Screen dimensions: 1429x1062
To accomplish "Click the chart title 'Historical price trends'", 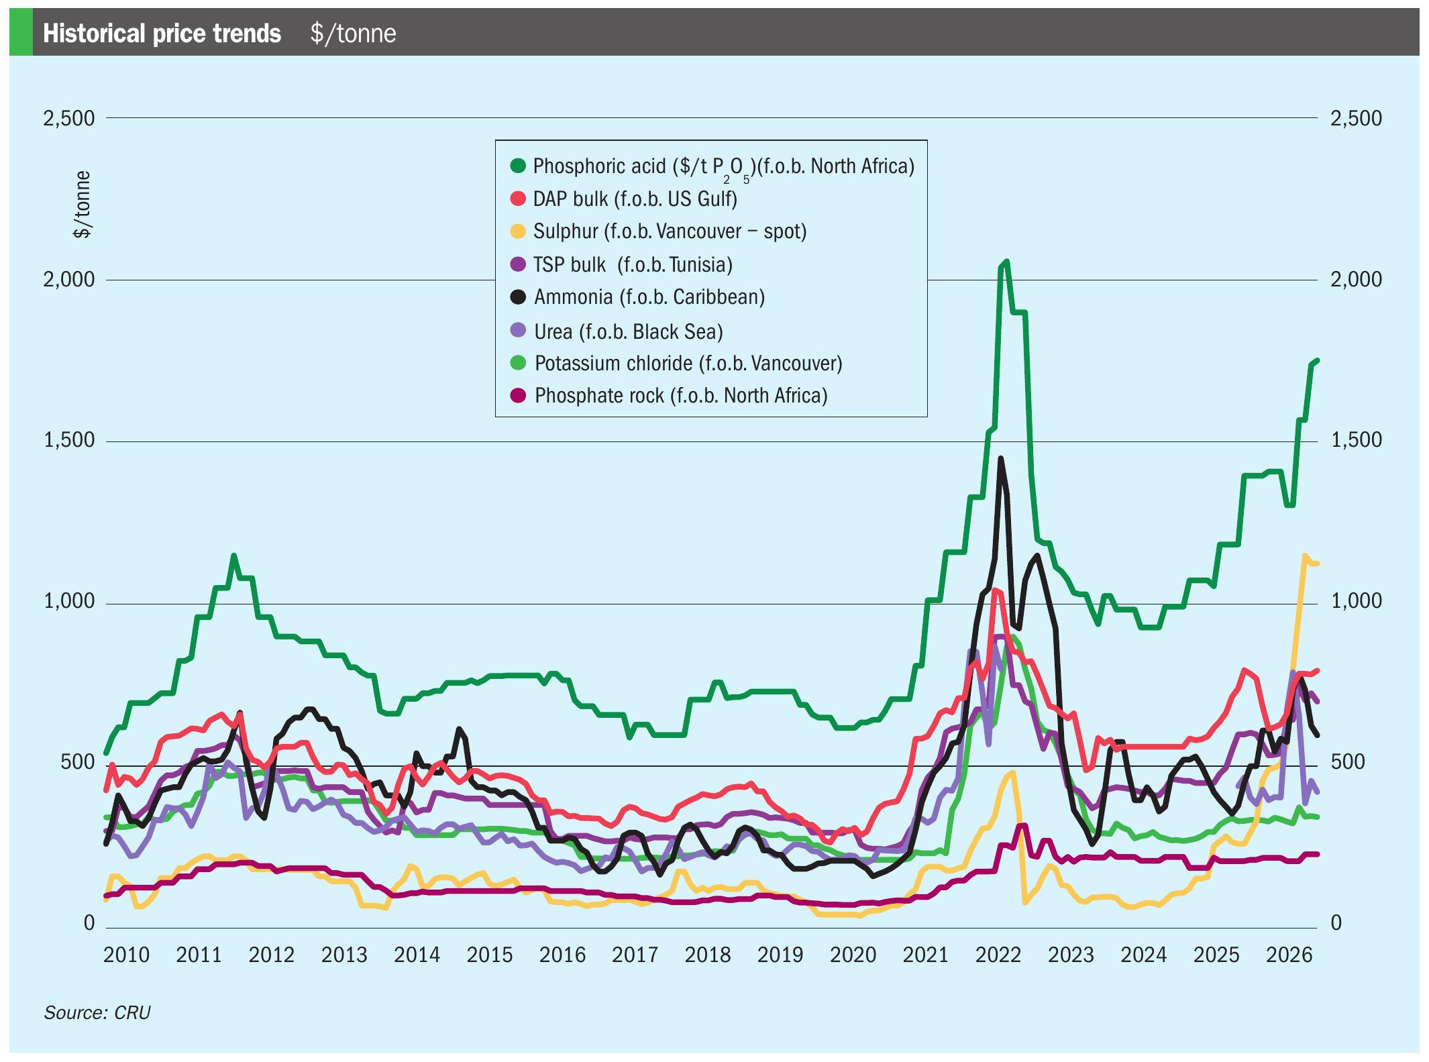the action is tap(162, 33).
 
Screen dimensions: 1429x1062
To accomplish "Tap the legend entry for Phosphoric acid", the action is tap(712, 166).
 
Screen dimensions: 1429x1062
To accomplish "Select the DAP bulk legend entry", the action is tap(623, 199).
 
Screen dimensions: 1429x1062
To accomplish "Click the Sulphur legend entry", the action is tap(658, 231).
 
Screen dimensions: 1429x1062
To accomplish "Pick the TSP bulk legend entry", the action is tap(621, 264).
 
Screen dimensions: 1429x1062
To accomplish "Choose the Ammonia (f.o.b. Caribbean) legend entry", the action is tap(637, 297).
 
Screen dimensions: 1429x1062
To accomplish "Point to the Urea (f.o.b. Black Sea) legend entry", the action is tap(617, 331).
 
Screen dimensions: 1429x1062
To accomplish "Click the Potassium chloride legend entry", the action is tap(676, 363).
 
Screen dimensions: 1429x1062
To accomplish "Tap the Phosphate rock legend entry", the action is tap(668, 395).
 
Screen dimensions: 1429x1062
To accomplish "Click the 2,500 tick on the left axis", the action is tap(69, 118).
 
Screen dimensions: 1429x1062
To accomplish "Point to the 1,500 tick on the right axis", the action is tap(1356, 439).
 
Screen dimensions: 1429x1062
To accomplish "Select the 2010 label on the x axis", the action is tap(126, 954).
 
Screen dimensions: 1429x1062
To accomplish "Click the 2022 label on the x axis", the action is tap(998, 954).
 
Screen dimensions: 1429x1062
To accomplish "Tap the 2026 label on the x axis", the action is tap(1289, 954).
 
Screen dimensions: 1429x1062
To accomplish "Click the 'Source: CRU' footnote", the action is tap(97, 1012).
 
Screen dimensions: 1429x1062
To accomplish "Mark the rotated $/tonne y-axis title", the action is tap(82, 205).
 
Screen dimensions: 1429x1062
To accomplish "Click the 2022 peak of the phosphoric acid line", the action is tap(1006, 261).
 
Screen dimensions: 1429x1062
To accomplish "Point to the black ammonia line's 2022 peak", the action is tap(1001, 458).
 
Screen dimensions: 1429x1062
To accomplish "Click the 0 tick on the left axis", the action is tap(89, 922).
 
